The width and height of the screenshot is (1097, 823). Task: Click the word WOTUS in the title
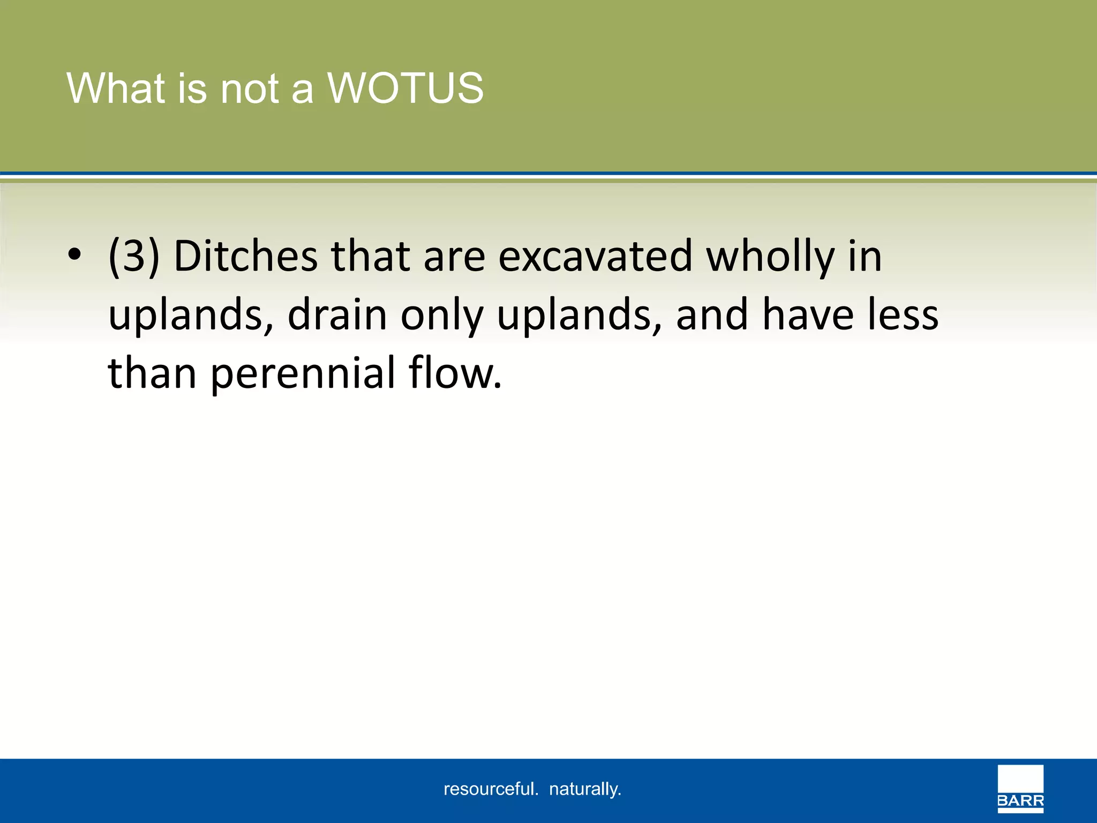click(405, 88)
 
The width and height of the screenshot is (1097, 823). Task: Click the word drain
click(337, 315)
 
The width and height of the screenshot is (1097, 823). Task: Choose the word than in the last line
click(152, 373)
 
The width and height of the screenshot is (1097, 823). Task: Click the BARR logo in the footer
click(1020, 789)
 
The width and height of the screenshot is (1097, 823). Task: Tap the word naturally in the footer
click(585, 789)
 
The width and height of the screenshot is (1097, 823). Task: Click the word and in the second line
click(712, 315)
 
